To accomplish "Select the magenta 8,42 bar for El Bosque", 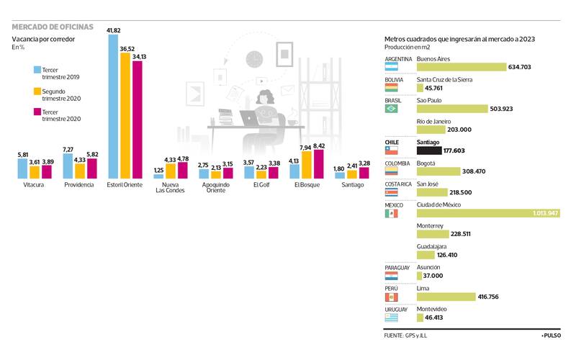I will tap(319, 164).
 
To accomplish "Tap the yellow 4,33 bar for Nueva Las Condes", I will tap(170, 171).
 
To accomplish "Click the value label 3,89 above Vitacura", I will tap(48, 162).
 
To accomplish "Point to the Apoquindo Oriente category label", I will tap(215, 188).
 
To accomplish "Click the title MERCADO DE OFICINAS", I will tap(53, 27).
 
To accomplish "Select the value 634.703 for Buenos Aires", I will tap(519, 67).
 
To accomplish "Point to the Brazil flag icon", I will tap(392, 109).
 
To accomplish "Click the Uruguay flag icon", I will tap(392, 318).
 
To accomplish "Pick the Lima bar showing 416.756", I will tap(446, 297).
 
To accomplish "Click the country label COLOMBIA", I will tap(399, 163).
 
